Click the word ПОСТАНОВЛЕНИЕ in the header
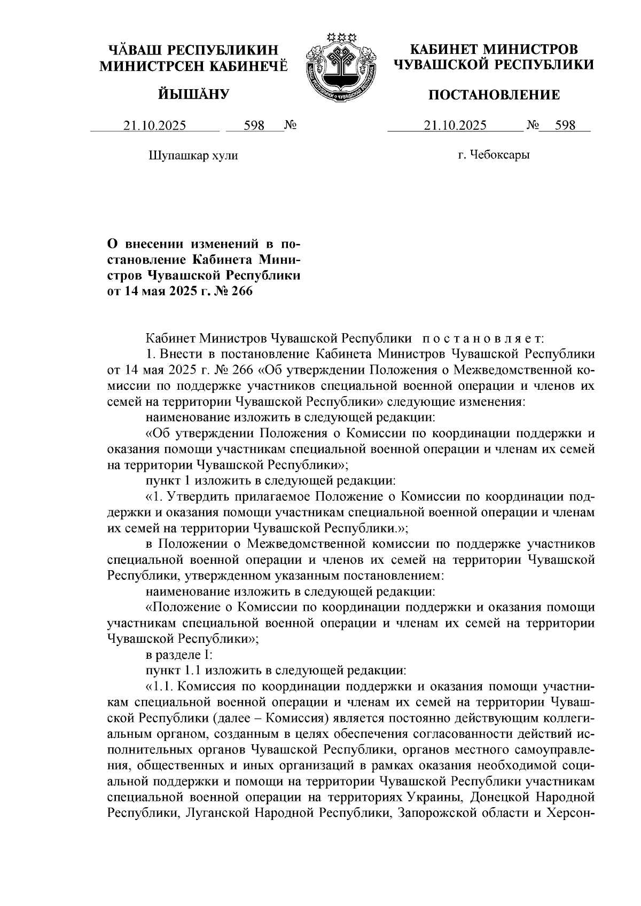pos(494,95)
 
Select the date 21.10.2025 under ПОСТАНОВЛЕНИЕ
pos(455,125)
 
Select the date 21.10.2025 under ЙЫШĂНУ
pos(155,125)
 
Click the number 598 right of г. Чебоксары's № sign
pos(565,125)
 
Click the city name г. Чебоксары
pos(494,155)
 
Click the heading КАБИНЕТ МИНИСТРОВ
pos(494,50)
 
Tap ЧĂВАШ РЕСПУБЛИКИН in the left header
pos(193,50)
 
